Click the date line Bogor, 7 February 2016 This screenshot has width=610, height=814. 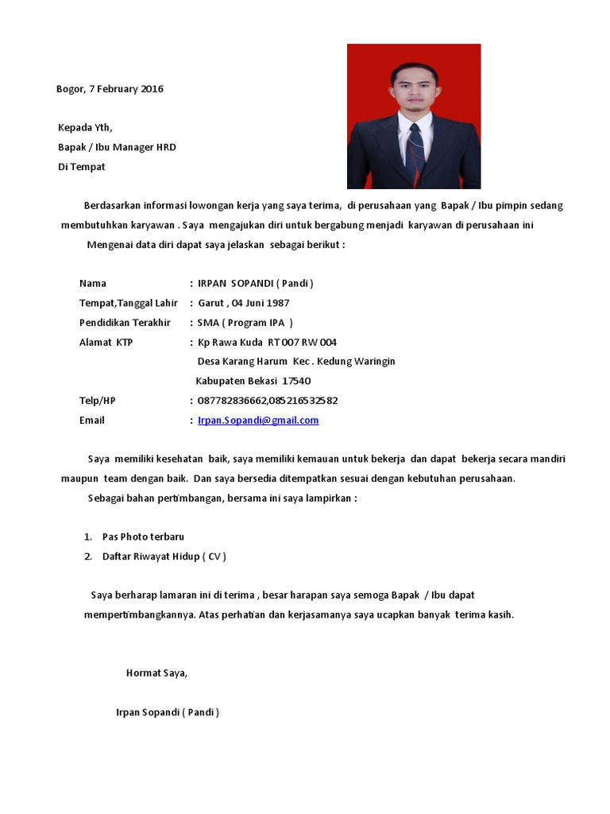(110, 89)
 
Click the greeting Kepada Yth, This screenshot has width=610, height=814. (85, 128)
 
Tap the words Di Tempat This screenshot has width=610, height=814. (81, 167)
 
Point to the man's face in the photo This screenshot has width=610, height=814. (414, 91)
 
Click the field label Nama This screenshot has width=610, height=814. (92, 283)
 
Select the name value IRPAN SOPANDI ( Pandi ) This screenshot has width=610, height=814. (255, 283)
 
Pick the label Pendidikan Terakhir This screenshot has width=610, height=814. (125, 322)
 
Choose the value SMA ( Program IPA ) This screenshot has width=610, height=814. (245, 322)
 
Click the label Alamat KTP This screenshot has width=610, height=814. (106, 342)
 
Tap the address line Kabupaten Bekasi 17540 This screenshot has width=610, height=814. (253, 381)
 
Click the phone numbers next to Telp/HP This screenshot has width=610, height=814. (267, 401)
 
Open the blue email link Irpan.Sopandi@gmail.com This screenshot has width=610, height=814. (258, 421)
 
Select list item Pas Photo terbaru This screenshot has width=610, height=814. (143, 537)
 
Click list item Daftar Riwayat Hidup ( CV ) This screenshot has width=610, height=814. (164, 556)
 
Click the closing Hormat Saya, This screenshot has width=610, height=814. (156, 673)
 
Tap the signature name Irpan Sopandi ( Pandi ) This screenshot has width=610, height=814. (167, 712)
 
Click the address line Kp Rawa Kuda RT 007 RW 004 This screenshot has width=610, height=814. (267, 342)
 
